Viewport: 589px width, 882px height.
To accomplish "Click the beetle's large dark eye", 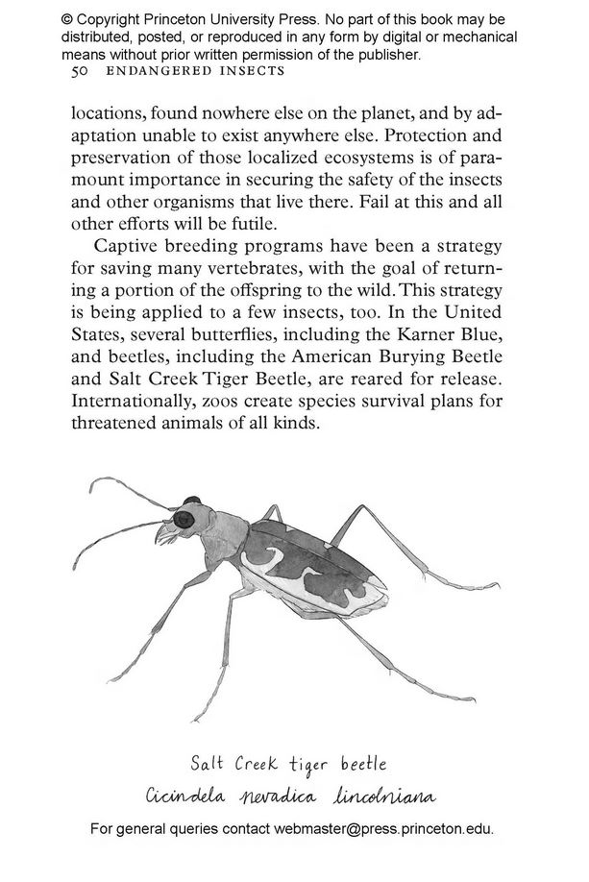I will pos(184,520).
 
